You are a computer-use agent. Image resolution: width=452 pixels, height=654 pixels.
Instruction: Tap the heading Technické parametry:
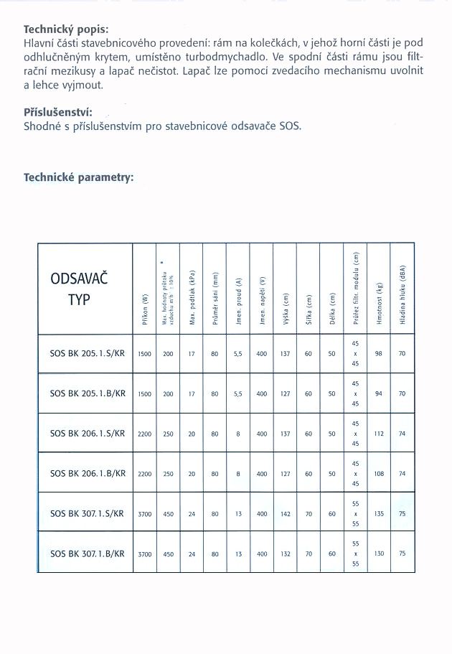(79, 177)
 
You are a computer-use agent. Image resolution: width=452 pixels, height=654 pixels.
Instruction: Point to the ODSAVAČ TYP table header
(79, 289)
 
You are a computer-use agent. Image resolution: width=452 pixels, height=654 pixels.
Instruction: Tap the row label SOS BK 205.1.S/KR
(88, 353)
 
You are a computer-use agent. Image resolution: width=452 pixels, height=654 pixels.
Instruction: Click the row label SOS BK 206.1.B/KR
(88, 473)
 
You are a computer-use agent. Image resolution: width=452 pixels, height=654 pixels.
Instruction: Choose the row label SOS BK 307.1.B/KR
(88, 553)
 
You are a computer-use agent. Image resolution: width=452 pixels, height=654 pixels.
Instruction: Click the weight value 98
(379, 353)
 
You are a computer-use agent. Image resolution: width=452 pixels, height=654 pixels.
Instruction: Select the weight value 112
(379, 434)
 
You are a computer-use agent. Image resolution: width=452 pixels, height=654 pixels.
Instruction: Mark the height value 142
(286, 513)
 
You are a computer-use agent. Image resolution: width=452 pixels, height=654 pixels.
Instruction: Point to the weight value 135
(379, 513)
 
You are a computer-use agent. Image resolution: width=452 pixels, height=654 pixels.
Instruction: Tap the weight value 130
(379, 553)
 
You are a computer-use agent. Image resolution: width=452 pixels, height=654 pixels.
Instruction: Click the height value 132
(286, 553)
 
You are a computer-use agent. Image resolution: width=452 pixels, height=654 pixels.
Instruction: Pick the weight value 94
(379, 393)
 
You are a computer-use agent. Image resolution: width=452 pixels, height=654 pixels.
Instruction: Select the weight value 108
(379, 474)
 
